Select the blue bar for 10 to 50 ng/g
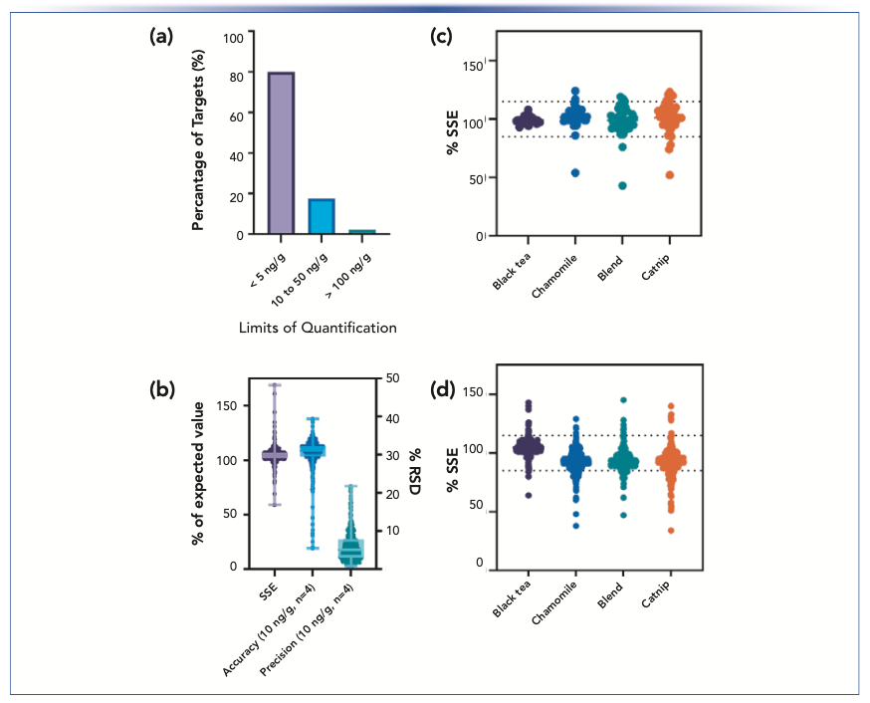point(321,216)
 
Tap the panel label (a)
point(161,37)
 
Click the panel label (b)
point(161,390)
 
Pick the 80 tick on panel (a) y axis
point(235,77)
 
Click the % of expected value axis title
point(199,472)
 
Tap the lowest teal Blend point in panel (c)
point(623,186)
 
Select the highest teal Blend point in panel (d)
point(623,400)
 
